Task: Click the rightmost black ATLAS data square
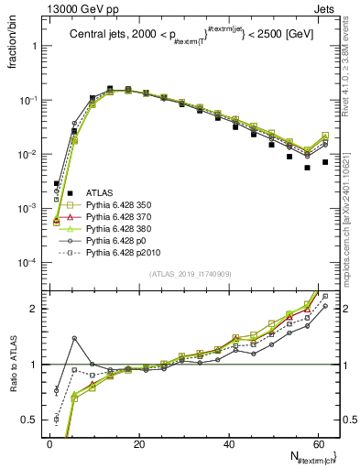[325, 162]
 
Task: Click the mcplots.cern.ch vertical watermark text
[351, 229]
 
